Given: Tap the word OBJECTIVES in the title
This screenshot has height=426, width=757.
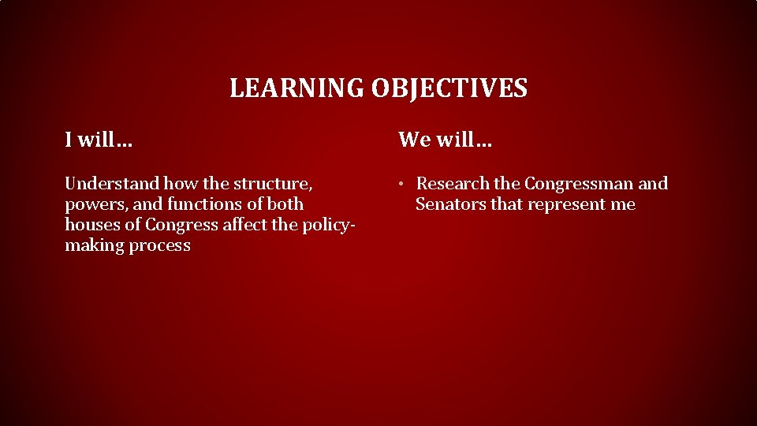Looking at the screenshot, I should tap(449, 88).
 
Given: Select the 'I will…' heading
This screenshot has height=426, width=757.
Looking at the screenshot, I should tap(99, 140).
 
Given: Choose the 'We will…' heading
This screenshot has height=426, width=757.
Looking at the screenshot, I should tap(445, 140).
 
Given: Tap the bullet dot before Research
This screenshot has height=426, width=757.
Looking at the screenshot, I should tap(401, 185).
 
